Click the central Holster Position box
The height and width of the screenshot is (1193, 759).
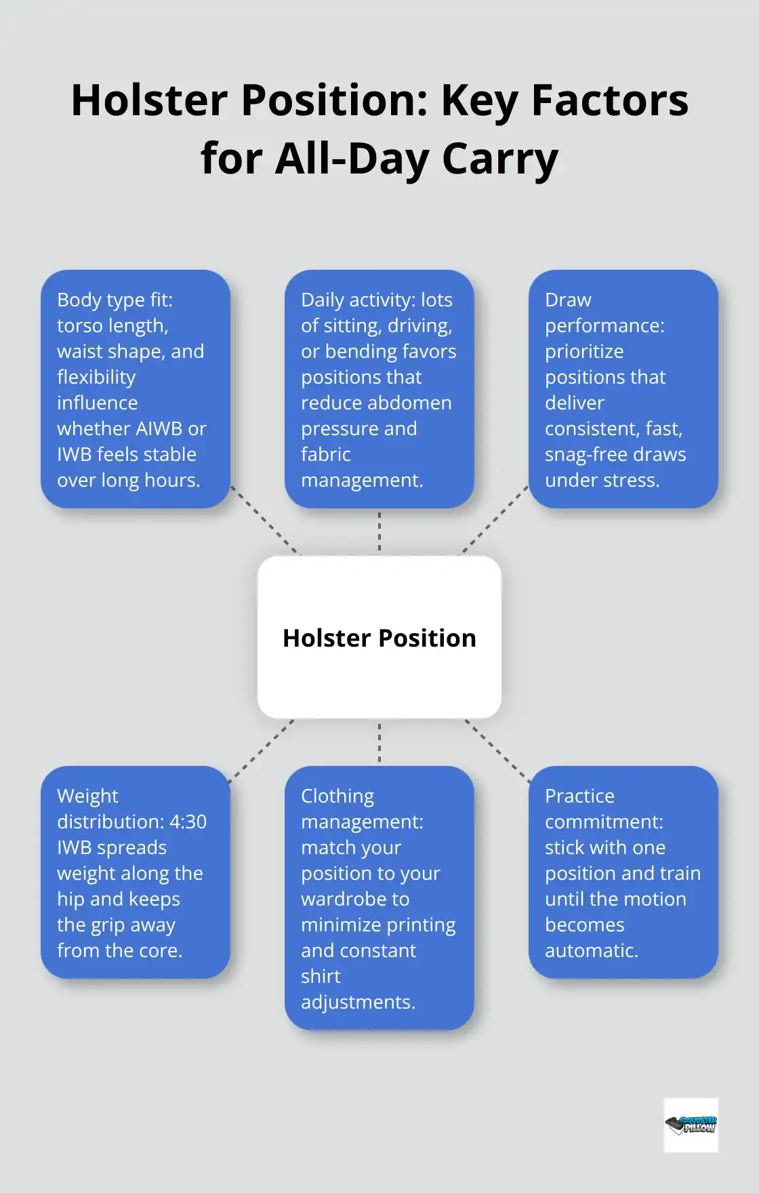[379, 637]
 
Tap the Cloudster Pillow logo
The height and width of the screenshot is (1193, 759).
[691, 1125]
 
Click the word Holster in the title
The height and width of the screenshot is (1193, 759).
[149, 100]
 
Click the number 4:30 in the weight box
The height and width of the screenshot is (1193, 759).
[188, 822]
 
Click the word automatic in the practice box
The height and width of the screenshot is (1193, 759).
[590, 950]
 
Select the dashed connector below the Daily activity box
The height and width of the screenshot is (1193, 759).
[379, 531]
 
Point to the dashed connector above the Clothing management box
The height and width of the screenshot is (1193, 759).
[379, 742]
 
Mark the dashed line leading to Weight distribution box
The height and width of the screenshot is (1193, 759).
[263, 750]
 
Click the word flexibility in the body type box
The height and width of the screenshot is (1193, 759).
[96, 377]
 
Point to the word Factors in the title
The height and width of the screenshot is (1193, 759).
[610, 100]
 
